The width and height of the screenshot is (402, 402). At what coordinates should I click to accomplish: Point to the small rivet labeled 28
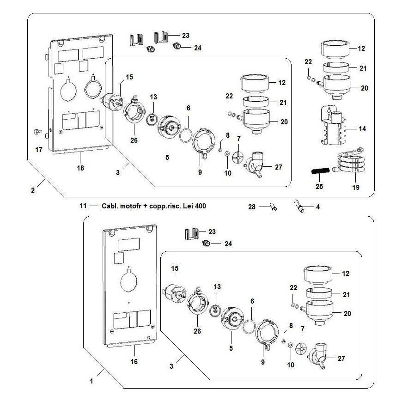click(x=273, y=207)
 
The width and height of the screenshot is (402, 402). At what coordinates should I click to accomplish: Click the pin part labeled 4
click(x=299, y=206)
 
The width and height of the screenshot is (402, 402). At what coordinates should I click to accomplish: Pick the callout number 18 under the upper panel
click(x=80, y=168)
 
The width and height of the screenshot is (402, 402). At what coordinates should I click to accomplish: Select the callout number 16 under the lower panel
click(x=134, y=361)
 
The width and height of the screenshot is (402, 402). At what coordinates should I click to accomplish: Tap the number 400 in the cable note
click(x=201, y=206)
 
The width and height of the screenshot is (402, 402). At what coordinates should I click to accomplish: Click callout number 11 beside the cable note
click(x=83, y=206)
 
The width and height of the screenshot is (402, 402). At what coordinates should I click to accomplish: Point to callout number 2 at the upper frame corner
click(x=33, y=190)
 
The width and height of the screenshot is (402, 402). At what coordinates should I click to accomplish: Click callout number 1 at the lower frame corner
click(x=91, y=381)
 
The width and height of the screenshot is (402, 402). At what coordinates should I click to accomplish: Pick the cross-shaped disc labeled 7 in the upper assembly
click(x=238, y=156)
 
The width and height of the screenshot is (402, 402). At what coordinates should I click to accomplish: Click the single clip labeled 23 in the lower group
click(x=192, y=234)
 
